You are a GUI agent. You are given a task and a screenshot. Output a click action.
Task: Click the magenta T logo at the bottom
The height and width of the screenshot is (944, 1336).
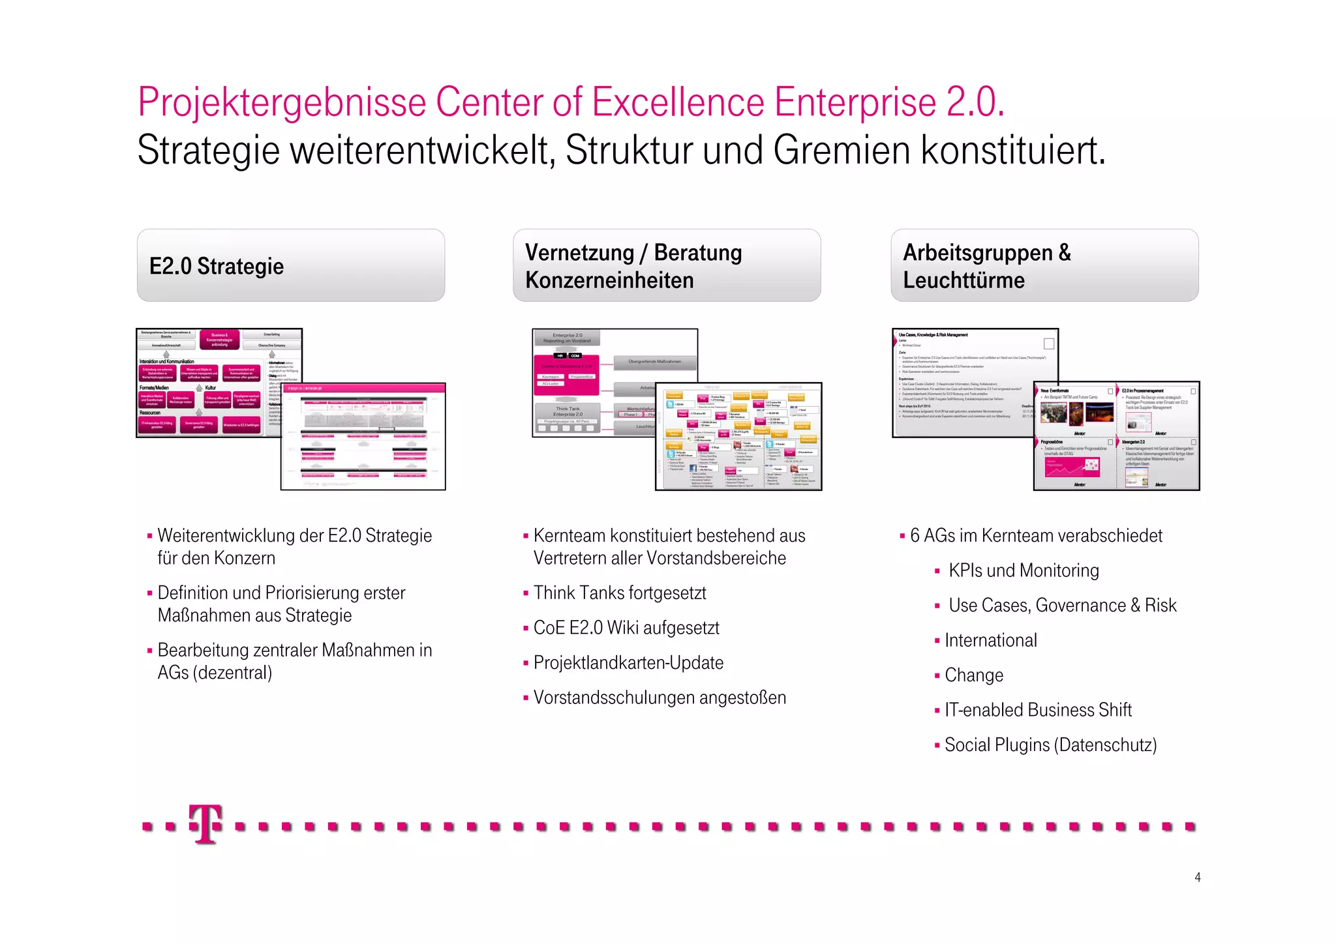pos(205,824)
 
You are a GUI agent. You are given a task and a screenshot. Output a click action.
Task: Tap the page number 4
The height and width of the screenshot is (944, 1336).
pos(1197,878)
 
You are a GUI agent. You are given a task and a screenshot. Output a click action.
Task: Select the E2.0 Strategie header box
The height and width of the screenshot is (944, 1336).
pos(290,265)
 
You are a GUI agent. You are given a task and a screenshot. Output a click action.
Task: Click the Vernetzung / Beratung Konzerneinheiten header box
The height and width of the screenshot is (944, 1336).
pos(666,265)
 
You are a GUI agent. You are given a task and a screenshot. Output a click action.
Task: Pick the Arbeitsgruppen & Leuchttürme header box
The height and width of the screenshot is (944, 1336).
pos(1044,265)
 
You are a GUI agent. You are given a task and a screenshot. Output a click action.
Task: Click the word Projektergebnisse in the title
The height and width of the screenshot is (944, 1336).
pos(282,102)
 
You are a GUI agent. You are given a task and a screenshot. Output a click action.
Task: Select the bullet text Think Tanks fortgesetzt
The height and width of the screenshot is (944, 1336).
pos(619,593)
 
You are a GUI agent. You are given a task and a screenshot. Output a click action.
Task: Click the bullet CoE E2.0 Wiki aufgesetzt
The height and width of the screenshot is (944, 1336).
pos(626,628)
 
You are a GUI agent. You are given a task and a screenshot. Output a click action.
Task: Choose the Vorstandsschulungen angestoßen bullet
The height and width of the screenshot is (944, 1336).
pos(659,698)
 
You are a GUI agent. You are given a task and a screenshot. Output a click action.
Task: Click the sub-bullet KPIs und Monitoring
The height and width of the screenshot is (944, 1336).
pos(1023,571)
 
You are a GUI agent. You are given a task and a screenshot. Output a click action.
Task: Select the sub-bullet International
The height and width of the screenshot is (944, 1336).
pos(990,641)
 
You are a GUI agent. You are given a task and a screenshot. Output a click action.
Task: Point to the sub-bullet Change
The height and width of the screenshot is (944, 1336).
pos(973,675)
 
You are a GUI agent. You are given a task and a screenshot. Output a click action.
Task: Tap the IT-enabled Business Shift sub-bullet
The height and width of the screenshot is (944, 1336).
pos(1037,710)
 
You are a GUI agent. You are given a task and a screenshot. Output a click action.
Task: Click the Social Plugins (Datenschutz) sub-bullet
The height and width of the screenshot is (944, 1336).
pos(1050,745)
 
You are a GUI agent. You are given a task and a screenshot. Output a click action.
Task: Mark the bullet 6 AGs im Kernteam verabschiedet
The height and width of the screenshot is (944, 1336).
pos(1036,536)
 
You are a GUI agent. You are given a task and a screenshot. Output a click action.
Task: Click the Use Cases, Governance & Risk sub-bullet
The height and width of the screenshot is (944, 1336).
pos(1062,606)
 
